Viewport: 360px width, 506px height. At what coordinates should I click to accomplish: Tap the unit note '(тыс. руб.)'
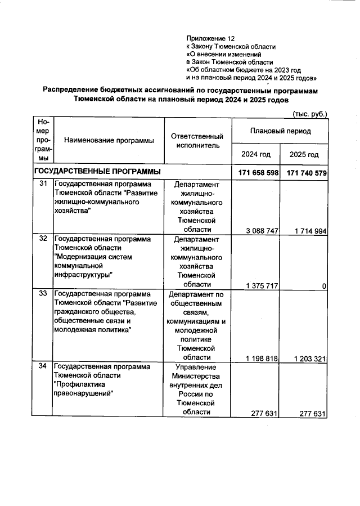click(x=310, y=114)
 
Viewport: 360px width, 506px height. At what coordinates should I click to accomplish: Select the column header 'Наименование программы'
click(x=109, y=140)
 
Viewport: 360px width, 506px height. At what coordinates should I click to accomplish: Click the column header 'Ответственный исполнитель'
click(x=197, y=140)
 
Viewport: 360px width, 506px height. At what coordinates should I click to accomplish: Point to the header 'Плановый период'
click(x=280, y=130)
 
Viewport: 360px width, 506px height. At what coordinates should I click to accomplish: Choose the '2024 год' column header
click(x=256, y=154)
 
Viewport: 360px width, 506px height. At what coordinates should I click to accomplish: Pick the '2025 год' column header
click(x=304, y=154)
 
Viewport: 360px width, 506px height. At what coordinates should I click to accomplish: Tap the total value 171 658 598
click(x=256, y=172)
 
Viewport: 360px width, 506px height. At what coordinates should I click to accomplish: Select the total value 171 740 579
click(x=306, y=172)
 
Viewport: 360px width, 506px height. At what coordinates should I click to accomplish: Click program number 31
click(x=43, y=183)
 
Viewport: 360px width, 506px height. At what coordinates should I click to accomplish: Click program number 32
click(x=43, y=239)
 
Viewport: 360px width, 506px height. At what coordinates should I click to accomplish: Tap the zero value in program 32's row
click(x=325, y=286)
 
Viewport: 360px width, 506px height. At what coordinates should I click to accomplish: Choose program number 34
click(x=43, y=366)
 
